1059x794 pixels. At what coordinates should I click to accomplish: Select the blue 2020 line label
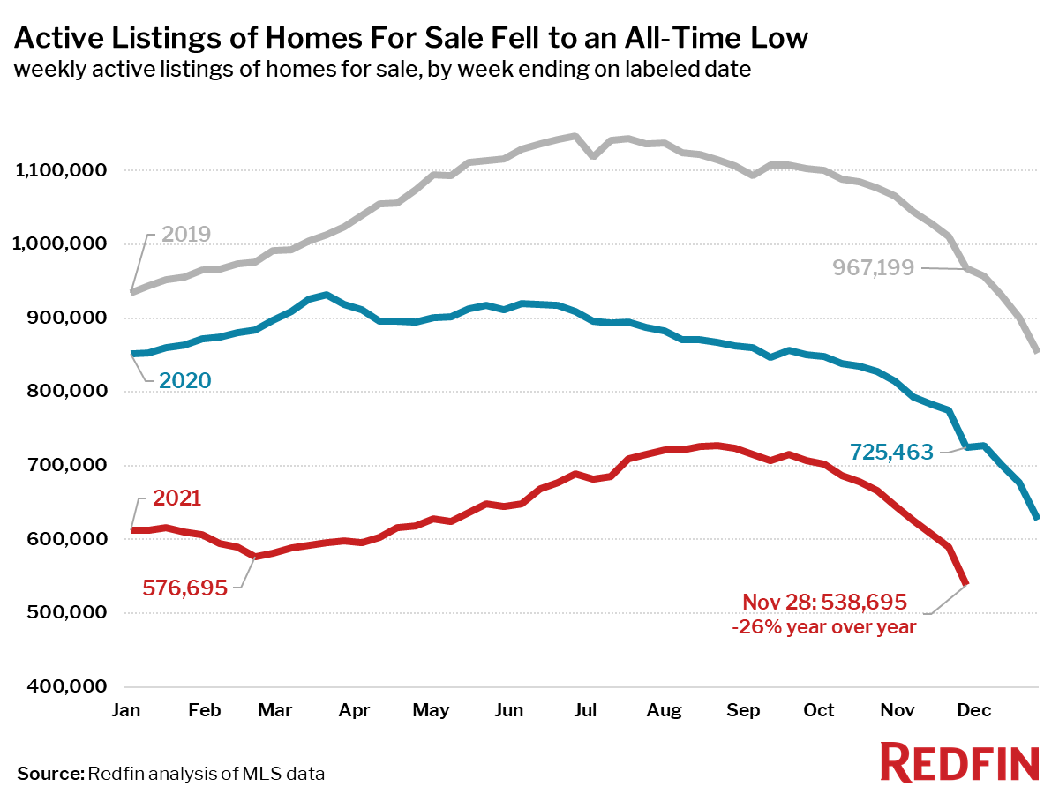[x=184, y=380]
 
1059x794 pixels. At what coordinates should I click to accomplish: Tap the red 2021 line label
[x=176, y=498]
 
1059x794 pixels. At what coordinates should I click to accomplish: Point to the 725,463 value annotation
[x=890, y=453]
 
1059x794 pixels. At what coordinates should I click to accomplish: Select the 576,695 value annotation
[x=184, y=587]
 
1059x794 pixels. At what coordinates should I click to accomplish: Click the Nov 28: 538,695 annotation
[x=823, y=603]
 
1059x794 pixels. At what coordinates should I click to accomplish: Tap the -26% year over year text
[x=823, y=627]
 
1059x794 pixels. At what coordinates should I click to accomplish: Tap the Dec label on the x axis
[x=975, y=710]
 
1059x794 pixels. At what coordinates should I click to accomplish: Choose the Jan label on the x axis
[x=131, y=710]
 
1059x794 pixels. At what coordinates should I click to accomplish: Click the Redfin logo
[x=959, y=761]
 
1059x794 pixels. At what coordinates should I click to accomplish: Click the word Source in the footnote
[x=49, y=774]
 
